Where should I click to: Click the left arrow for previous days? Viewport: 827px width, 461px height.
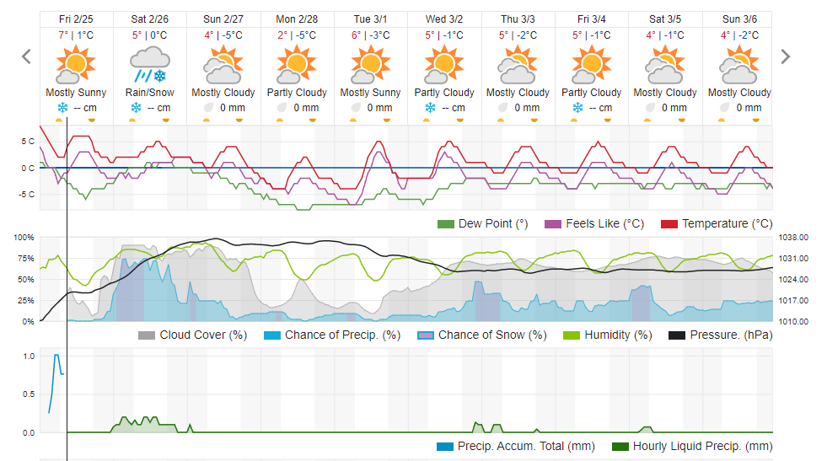[26, 56]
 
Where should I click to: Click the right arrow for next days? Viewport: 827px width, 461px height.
[786, 56]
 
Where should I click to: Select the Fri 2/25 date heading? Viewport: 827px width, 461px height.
[76, 19]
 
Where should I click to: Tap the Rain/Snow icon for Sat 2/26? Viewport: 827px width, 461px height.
[149, 64]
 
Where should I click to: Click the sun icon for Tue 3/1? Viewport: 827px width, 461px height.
[371, 64]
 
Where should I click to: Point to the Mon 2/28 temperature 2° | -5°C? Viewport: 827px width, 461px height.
[297, 35]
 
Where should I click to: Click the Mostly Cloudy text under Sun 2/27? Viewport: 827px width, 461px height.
[223, 93]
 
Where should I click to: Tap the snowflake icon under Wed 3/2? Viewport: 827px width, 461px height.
[430, 108]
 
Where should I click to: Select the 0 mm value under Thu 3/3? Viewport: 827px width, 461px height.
[527, 108]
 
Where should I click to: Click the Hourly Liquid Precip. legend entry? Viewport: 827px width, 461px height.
[692, 446]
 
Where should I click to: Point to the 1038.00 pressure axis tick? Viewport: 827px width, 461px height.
[793, 238]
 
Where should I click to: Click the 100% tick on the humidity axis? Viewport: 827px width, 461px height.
[24, 238]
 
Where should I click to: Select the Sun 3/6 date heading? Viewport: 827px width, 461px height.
[739, 19]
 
